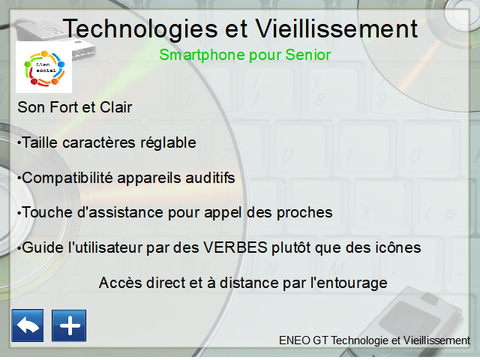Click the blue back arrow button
(x=28, y=325)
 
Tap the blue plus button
(x=69, y=325)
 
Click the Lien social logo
(x=43, y=67)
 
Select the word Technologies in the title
(x=140, y=29)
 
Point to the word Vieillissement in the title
(x=337, y=28)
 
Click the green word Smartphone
(x=202, y=55)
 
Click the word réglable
(x=168, y=142)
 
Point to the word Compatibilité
(x=67, y=178)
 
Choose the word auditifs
(x=210, y=178)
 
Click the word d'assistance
(x=120, y=212)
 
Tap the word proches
(x=304, y=213)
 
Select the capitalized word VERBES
(x=235, y=247)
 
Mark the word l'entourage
(x=349, y=283)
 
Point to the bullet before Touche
(x=19, y=213)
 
